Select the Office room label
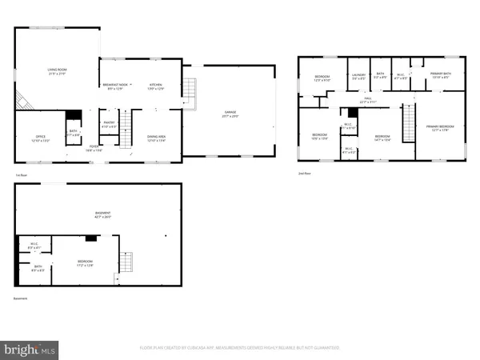pyautogui.click(x=41, y=138)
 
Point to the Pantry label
pyautogui.click(x=109, y=125)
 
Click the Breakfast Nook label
pyautogui.click(x=114, y=86)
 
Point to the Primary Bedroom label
pyautogui.click(x=439, y=128)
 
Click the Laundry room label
pyautogui.click(x=358, y=76)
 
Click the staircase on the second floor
pyautogui.click(x=409, y=122)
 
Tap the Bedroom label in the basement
pyautogui.click(x=85, y=262)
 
